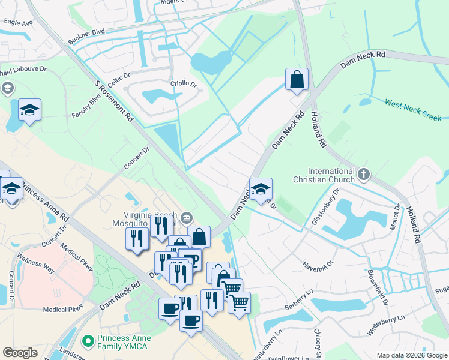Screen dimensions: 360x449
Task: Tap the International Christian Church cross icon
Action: pos(363,175)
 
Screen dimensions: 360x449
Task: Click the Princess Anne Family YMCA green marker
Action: pos(88,341)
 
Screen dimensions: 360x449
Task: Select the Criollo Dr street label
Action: pos(184,84)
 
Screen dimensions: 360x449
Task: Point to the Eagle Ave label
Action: pos(18,22)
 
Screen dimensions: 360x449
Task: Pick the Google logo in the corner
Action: pos(20,353)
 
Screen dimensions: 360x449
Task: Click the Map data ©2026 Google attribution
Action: pos(412,355)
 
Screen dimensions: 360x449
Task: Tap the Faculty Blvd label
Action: pos(86,106)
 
